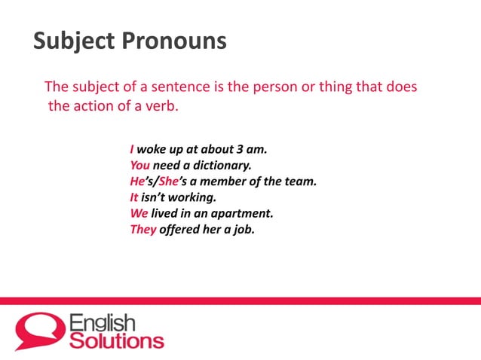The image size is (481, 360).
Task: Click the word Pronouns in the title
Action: point(173,41)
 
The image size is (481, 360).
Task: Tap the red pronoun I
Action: point(132,149)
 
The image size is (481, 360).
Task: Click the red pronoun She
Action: point(168,182)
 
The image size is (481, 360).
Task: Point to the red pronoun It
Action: point(134,198)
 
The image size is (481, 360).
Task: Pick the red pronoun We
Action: point(139,214)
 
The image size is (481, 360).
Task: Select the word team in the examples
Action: point(300,182)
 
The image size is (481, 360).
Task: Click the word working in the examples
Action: point(190,198)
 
